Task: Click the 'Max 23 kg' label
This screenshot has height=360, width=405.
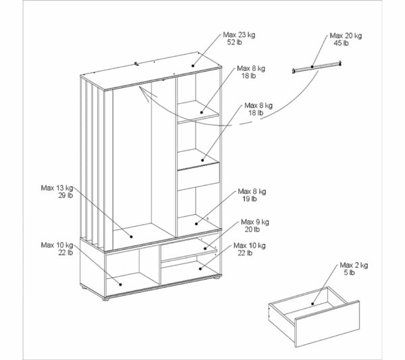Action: pos(239,35)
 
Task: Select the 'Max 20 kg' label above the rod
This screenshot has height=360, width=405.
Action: pos(346,36)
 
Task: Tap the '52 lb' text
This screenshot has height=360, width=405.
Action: pos(234,43)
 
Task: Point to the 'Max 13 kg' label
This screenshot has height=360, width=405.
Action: pos(57,188)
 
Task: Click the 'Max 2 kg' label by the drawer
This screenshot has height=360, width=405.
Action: pos(354,265)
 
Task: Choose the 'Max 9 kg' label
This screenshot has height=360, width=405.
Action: pos(255,222)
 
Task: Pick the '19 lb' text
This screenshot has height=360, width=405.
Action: pos(249,199)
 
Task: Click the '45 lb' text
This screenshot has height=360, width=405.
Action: pos(341,43)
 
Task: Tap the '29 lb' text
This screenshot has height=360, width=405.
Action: pos(65,195)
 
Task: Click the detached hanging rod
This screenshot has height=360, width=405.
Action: pos(317,67)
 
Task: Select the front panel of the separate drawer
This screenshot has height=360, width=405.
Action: pos(327,324)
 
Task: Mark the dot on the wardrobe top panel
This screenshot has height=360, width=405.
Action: pos(193,66)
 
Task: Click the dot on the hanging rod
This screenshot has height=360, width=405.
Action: pos(312,67)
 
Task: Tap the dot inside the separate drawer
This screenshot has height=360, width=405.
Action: pos(313,304)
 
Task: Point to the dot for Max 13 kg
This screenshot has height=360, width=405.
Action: pos(131,236)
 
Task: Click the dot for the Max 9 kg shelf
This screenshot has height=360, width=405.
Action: pos(205,249)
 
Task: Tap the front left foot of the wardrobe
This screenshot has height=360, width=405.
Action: pos(105,299)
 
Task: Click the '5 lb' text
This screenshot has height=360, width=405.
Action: pos(349,273)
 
